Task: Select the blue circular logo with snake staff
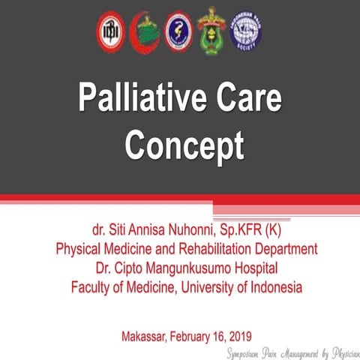point(178,31)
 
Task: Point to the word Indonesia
point(275,286)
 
